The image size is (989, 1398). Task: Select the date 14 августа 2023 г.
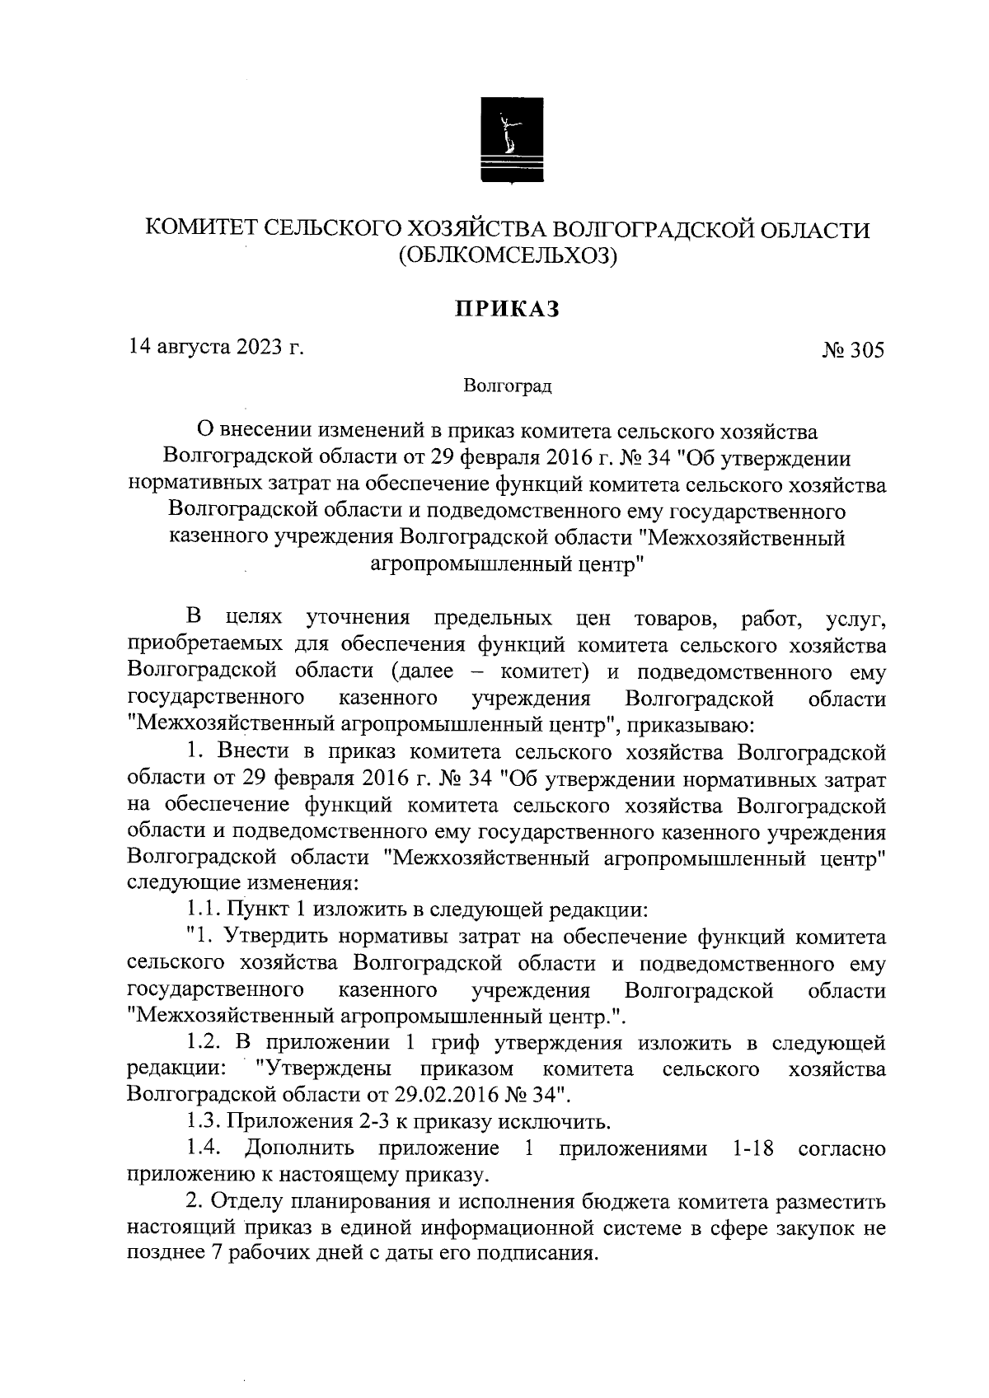click(x=216, y=348)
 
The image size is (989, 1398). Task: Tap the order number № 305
click(x=853, y=351)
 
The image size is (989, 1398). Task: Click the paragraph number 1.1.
click(x=203, y=910)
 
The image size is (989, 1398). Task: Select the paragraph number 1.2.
click(x=203, y=1043)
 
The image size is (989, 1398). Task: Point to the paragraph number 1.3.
click(x=203, y=1121)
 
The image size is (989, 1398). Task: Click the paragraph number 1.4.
click(x=203, y=1148)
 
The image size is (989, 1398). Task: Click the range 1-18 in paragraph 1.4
click(x=752, y=1148)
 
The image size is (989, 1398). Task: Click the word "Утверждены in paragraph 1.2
click(x=323, y=1069)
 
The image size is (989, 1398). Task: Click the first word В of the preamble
click(x=195, y=617)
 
